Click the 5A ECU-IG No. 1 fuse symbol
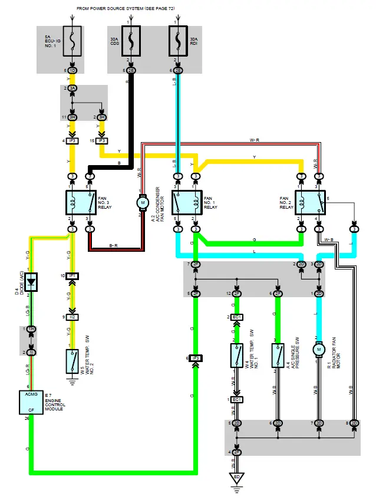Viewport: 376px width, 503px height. [x=72, y=41]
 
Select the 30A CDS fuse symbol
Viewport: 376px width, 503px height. [x=131, y=40]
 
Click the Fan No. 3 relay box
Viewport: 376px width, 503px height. [x=81, y=203]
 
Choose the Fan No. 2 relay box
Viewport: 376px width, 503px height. [x=310, y=203]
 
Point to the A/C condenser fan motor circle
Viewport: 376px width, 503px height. [x=142, y=203]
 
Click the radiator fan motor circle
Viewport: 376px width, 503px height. [x=319, y=350]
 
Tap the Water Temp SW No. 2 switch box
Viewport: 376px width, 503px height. [x=72, y=359]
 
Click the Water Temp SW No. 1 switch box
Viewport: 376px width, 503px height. [x=236, y=356]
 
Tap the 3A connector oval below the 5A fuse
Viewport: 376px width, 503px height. [x=72, y=88]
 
